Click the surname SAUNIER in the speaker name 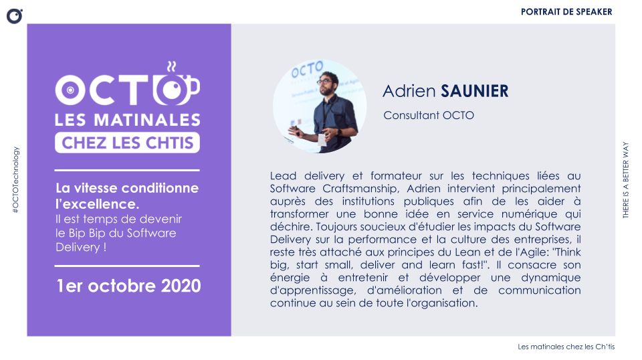coord(473,91)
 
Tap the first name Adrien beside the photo coord(408,91)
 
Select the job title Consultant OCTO coord(429,115)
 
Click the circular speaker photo coord(320,107)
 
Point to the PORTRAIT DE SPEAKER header coord(566,11)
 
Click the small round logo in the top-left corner coord(15,15)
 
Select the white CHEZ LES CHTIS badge coord(127,142)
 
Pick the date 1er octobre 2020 coord(128,286)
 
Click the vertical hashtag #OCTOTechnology coord(15,180)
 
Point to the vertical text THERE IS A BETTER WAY coord(627,180)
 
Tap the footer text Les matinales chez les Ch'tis coord(566,347)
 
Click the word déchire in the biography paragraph coord(288,227)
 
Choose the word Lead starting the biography coord(283,176)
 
